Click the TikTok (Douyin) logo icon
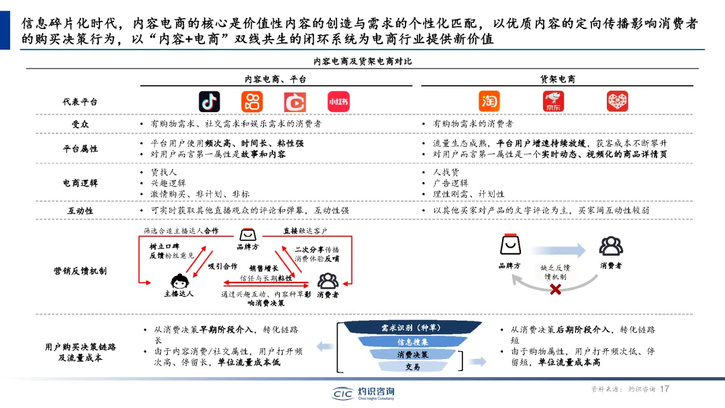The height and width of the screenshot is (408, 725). (209, 101)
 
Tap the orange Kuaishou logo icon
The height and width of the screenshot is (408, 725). (252, 101)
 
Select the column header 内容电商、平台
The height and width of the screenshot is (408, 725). (275, 79)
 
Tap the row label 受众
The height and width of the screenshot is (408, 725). (80, 124)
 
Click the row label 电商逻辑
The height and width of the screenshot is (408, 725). (80, 183)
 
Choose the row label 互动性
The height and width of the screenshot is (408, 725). (80, 210)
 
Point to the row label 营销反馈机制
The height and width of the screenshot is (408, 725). (80, 270)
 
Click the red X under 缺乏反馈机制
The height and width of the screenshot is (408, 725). (555, 289)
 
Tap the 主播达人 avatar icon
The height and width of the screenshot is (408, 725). (179, 282)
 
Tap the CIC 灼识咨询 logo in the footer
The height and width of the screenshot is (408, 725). (363, 393)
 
